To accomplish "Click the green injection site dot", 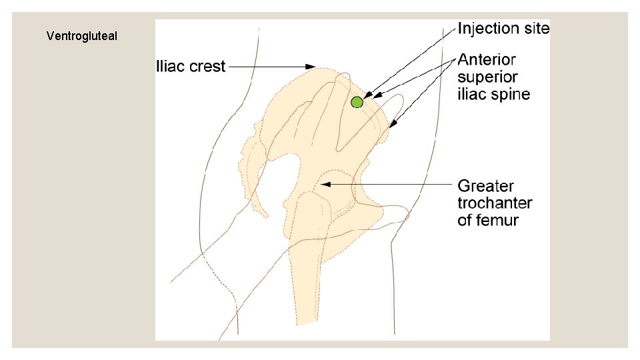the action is point(357,102).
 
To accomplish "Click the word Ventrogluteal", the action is point(82,36).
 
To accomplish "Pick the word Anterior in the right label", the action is point(487,61).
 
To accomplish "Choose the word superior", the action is point(487,78).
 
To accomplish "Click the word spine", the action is point(512,95).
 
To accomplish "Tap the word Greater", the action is point(485,185).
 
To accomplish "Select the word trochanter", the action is point(495,203).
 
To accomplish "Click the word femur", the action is point(496,220).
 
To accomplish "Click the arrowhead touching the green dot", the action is point(367,97).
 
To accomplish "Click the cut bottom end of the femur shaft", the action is point(307,322).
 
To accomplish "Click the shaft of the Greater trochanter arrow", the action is point(393,185).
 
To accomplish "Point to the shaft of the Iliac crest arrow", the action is point(267,67).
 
